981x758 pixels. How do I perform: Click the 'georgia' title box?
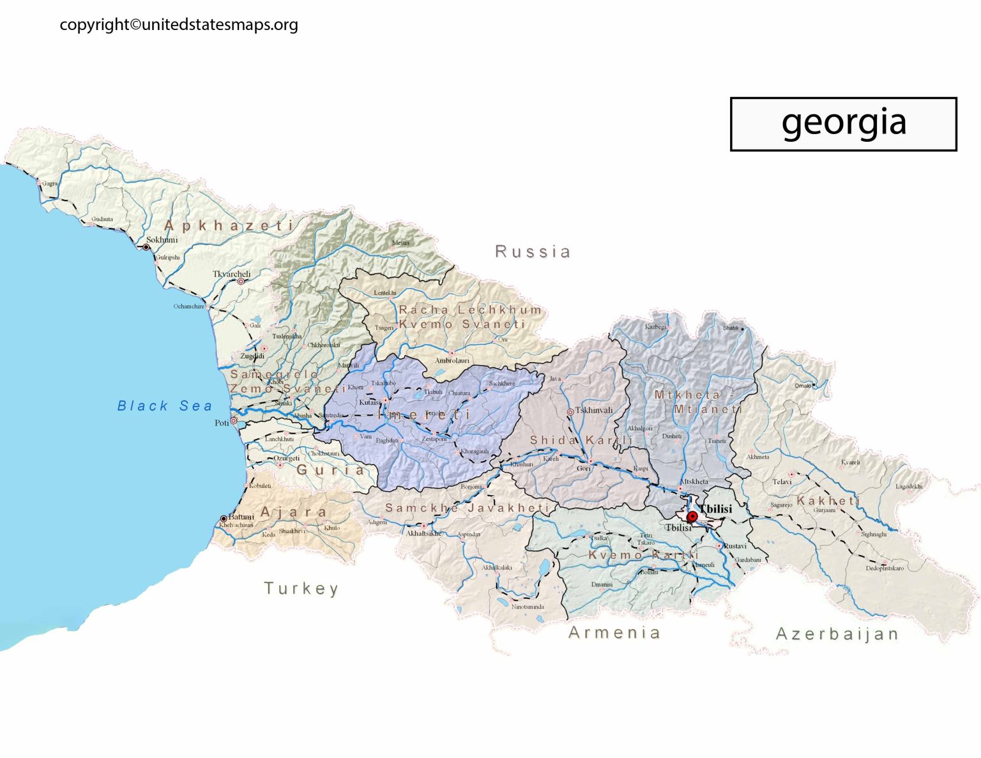coord(843,124)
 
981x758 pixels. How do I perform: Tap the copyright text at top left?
coord(179,25)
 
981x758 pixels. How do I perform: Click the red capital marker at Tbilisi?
coord(692,517)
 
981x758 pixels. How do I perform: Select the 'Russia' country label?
coord(533,252)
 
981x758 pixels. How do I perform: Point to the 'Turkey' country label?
coord(301,588)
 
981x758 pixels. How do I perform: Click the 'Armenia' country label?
coord(614,632)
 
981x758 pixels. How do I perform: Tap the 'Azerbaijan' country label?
coord(837,634)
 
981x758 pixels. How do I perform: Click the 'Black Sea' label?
coord(165,406)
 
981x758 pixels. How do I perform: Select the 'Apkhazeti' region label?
coord(229,225)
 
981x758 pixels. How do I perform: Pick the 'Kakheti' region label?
coord(828,500)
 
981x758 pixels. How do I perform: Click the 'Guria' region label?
coord(331,470)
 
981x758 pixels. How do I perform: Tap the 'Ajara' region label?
coord(294,512)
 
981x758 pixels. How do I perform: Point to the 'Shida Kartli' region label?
coord(581,440)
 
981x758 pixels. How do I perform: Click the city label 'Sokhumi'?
coord(162,239)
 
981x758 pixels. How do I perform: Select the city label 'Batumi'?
coord(241,517)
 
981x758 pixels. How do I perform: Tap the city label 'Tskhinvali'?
coord(594,410)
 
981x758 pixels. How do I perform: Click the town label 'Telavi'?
coord(782,481)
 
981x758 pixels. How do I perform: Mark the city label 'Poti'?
coord(222,423)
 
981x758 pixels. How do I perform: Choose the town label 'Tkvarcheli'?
coord(231,274)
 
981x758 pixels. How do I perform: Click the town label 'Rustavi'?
coord(735,546)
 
